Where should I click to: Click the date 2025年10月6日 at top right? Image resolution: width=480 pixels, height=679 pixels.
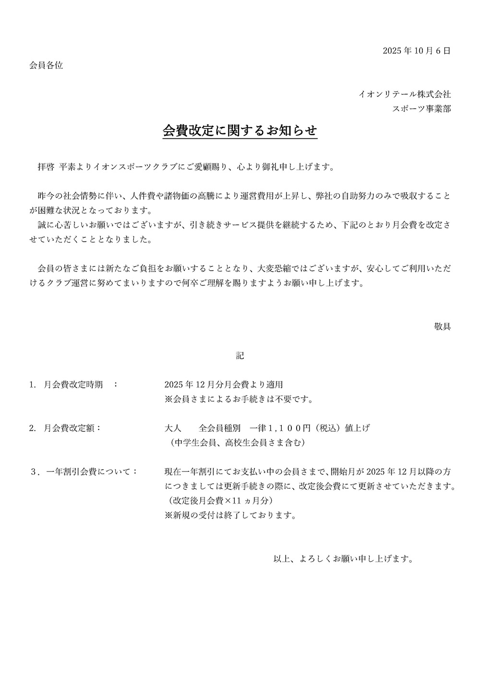417,50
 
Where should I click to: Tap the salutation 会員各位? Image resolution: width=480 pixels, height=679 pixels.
46,65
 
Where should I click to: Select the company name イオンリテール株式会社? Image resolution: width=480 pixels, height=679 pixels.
405,94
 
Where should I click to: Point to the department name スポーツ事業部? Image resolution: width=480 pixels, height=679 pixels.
421,109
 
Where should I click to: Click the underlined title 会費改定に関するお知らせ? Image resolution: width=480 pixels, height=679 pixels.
240,131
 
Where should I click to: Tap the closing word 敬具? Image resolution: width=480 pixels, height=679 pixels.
442,327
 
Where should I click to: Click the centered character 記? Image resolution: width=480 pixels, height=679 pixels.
240,356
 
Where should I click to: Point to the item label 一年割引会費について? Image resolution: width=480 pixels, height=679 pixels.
91,471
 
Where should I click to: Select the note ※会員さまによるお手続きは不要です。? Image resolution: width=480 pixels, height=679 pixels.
239,399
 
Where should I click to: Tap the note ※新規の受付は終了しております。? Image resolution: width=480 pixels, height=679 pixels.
229,515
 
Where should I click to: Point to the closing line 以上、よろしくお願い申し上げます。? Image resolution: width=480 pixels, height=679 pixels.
343,558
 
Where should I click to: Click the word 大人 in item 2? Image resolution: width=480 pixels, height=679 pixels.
173,428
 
